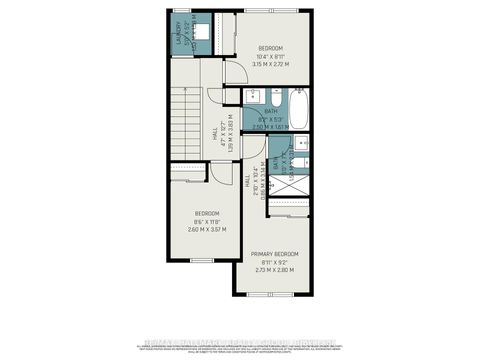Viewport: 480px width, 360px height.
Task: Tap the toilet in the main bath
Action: [x=272, y=96]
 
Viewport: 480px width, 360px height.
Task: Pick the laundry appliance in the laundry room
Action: [x=199, y=33]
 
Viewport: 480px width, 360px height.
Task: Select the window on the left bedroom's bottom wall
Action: [x=202, y=259]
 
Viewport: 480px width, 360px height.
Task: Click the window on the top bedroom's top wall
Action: [x=270, y=12]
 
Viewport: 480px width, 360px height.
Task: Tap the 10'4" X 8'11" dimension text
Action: [x=271, y=57]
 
